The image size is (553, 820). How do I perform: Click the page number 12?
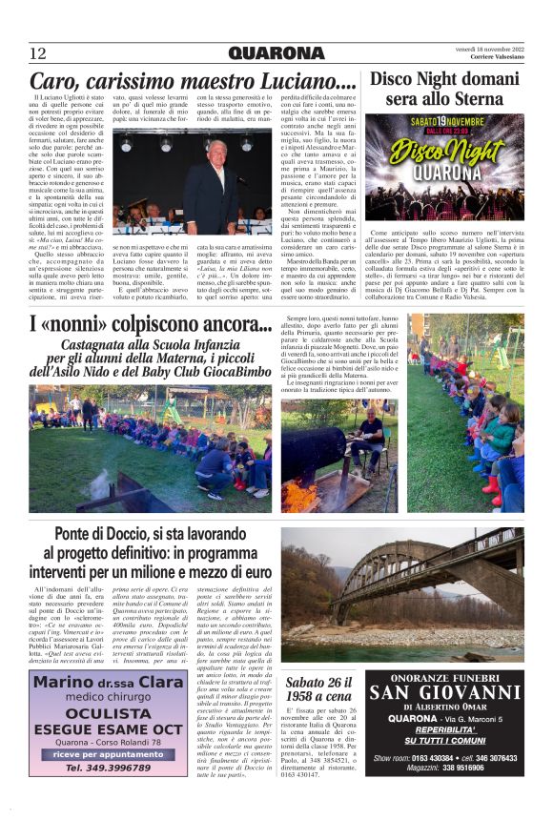38,53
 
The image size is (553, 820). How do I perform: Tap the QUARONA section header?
276,52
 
